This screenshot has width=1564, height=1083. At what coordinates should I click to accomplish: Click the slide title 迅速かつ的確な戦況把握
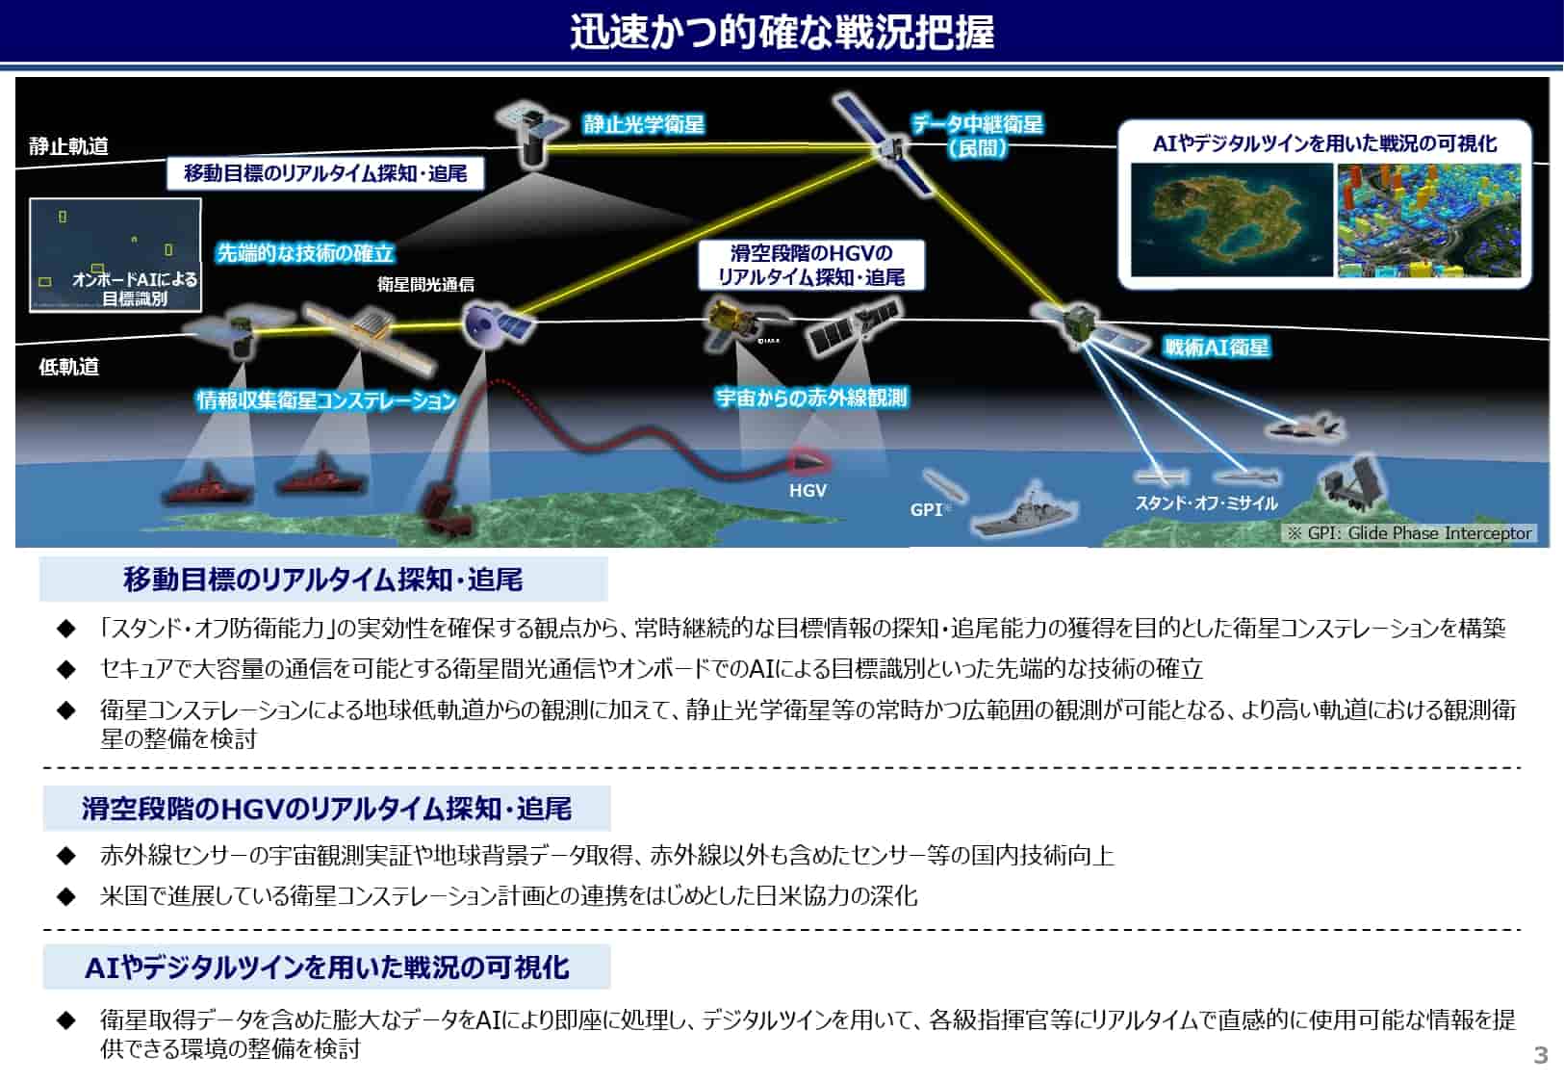tap(782, 32)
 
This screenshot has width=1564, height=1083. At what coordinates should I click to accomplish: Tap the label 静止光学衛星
tap(644, 124)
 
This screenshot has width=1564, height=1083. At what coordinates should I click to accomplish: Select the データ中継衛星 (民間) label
tap(978, 136)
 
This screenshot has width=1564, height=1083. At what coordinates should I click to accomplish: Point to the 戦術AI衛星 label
tap(1217, 347)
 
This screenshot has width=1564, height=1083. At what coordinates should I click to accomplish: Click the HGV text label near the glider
tap(808, 491)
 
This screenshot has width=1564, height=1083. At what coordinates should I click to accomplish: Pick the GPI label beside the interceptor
tap(926, 509)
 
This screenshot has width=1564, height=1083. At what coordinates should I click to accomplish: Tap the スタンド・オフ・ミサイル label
tap(1206, 503)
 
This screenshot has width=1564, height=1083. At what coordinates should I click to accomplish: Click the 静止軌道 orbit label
tap(68, 146)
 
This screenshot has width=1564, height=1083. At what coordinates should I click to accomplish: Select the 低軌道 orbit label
tap(68, 367)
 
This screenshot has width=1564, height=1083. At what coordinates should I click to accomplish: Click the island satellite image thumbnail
tap(1232, 219)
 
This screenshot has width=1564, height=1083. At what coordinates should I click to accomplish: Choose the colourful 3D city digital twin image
tap(1428, 219)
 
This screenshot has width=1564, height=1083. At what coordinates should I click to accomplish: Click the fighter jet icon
tap(1305, 426)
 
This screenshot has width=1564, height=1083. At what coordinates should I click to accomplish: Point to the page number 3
tap(1540, 1054)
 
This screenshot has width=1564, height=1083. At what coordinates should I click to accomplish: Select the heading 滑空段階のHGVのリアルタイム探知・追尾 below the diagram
tap(327, 809)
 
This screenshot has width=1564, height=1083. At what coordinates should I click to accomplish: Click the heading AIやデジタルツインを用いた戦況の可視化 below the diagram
tap(327, 967)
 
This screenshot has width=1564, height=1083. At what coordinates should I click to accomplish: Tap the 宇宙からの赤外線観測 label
tap(811, 398)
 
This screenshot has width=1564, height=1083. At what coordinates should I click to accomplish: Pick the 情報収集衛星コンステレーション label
tap(326, 400)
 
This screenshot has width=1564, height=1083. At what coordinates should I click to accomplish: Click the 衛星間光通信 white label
tap(425, 284)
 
